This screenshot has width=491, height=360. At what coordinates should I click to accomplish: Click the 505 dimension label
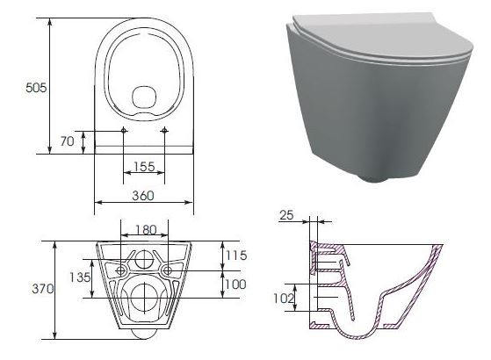pos(36,88)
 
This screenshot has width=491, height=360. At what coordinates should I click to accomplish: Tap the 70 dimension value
pos(67,141)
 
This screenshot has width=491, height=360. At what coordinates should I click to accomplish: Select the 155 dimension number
pos(144,167)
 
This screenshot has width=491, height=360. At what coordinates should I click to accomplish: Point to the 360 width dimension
pos(143,196)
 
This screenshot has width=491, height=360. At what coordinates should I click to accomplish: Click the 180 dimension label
pos(146,230)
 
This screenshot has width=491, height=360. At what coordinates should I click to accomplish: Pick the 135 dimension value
pos(80,277)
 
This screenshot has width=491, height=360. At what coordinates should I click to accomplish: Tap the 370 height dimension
pos(42,289)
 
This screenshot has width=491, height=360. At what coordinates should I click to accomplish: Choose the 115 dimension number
pos(236,256)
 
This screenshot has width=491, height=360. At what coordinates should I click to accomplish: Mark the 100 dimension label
pos(235,284)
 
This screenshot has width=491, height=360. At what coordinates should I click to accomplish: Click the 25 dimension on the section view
pos(286,215)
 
